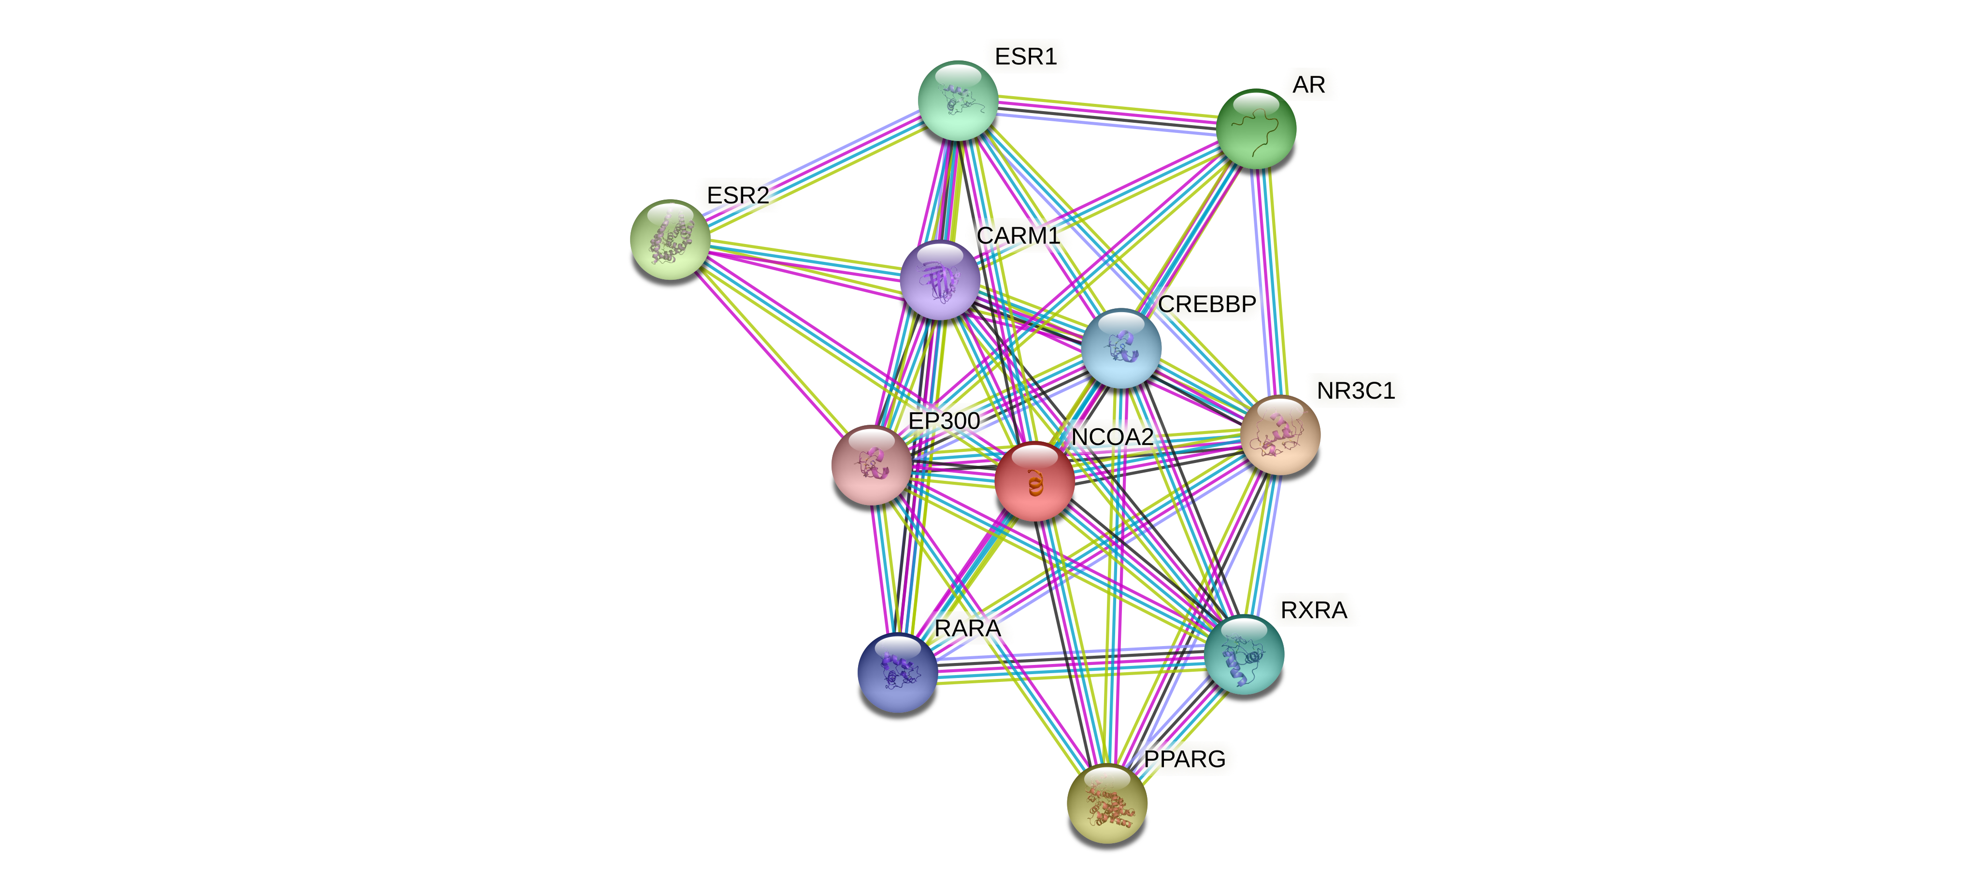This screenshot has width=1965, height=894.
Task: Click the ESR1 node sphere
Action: point(957,101)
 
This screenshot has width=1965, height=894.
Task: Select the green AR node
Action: point(1256,129)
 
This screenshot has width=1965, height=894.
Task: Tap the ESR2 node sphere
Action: point(670,240)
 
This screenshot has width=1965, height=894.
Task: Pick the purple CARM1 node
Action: point(940,279)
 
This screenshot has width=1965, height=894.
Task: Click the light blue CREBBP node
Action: point(1120,348)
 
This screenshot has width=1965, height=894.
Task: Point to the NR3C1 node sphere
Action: point(1280,435)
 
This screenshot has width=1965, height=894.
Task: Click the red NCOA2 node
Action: point(1034,482)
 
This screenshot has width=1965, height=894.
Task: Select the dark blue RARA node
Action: point(897,672)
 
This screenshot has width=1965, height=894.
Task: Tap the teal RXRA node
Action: point(1243,654)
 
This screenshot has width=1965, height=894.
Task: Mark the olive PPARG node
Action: point(1106,804)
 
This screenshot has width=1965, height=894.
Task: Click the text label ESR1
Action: point(1025,57)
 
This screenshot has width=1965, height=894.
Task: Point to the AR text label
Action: point(1308,85)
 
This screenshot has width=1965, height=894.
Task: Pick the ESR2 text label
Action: point(738,195)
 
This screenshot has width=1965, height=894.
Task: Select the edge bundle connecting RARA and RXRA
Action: point(1070,663)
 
